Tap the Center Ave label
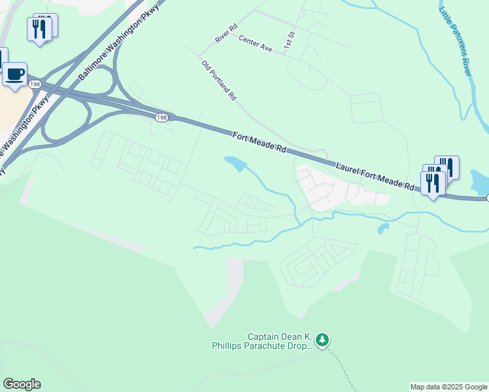click(x=255, y=44)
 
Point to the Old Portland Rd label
click(x=219, y=81)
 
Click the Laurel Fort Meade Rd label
click(x=375, y=176)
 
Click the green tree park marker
click(x=322, y=340)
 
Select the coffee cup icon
click(x=15, y=73)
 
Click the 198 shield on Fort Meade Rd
click(x=161, y=117)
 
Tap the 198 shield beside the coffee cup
click(x=35, y=84)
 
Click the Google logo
click(x=22, y=384)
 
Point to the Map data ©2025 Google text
click(x=448, y=387)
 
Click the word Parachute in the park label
click(x=277, y=346)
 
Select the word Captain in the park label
click(x=265, y=337)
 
